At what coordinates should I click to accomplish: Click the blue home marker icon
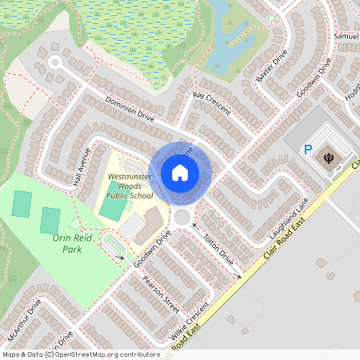[x=180, y=172]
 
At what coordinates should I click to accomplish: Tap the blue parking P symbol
[x=307, y=149]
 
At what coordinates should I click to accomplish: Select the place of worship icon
[x=328, y=158]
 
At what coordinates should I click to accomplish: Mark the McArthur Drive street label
[x=23, y=320]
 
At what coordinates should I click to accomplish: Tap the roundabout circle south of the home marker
[x=182, y=217]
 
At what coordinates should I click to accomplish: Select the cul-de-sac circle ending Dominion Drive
[x=55, y=62]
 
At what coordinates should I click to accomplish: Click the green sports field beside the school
[x=113, y=210]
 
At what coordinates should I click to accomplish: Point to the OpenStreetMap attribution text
[x=81, y=354]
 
